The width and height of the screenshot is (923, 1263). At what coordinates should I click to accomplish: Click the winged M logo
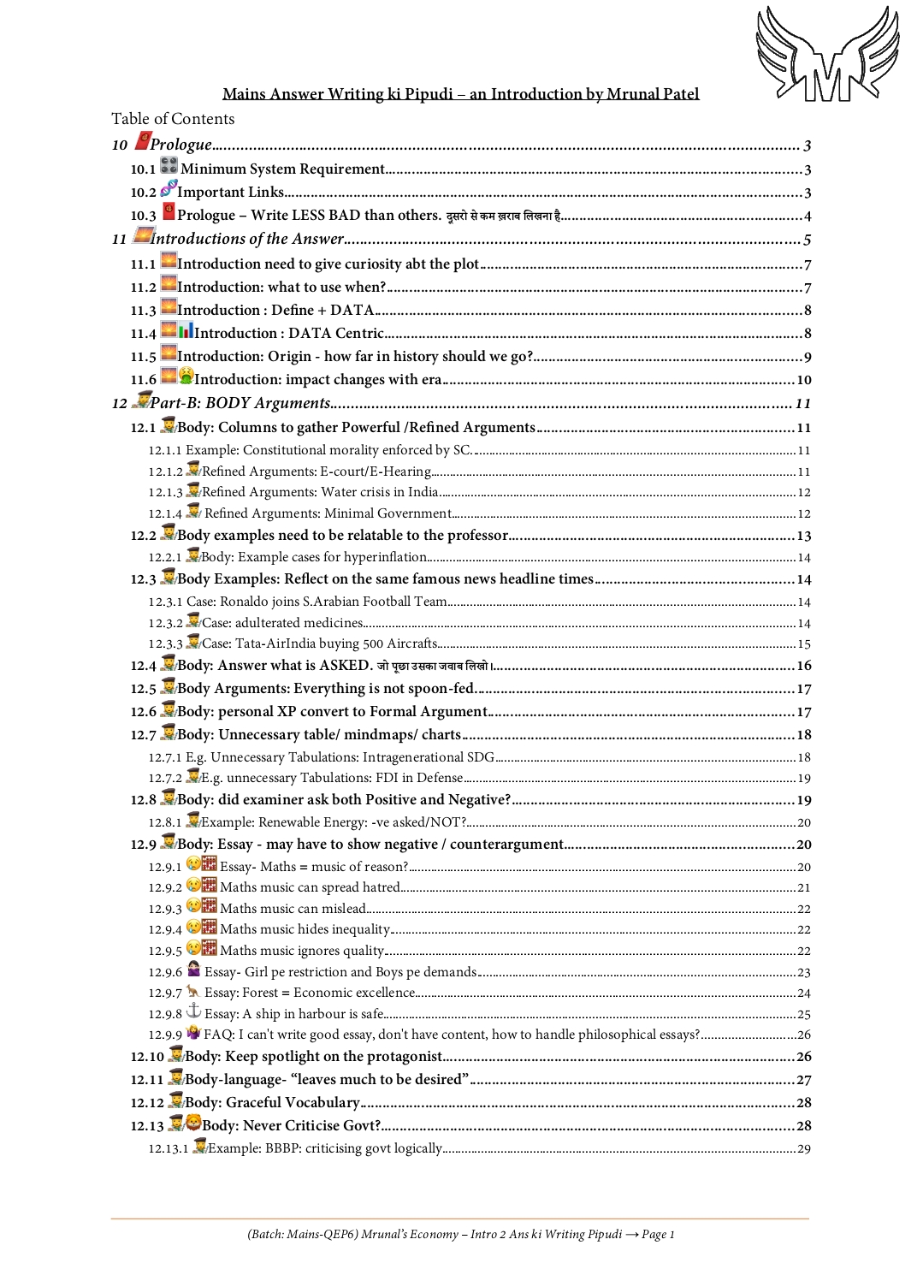click(x=827, y=54)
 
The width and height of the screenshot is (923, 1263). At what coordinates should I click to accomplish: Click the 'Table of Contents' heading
click(x=173, y=119)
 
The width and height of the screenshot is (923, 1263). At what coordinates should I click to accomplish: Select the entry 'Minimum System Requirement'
click(x=282, y=169)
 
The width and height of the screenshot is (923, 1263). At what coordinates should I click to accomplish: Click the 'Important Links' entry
click(x=230, y=192)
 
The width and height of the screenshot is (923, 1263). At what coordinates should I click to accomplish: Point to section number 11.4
click(x=143, y=334)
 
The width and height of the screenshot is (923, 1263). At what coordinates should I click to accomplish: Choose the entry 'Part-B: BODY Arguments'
click(x=240, y=403)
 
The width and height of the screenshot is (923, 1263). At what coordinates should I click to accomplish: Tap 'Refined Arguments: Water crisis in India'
click(x=320, y=492)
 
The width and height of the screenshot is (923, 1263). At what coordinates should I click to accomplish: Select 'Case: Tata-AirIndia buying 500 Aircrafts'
click(x=320, y=643)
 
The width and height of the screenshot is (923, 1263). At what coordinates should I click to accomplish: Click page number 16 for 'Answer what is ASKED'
click(x=803, y=666)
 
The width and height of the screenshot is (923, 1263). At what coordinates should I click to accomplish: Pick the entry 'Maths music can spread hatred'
click(x=310, y=887)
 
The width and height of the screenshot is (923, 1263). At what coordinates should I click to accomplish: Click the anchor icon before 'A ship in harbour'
click(x=193, y=1011)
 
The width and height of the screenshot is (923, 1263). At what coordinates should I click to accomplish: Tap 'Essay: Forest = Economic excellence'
click(x=310, y=993)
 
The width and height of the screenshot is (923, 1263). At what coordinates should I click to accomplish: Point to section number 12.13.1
click(x=168, y=1148)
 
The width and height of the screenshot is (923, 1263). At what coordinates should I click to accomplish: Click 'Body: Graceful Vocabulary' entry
click(x=272, y=1102)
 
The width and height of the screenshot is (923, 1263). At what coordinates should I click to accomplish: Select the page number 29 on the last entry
click(x=803, y=1148)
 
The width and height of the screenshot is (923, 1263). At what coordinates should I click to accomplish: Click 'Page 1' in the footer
click(x=658, y=1234)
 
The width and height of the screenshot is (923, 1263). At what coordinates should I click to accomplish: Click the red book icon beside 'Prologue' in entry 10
click(x=143, y=140)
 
